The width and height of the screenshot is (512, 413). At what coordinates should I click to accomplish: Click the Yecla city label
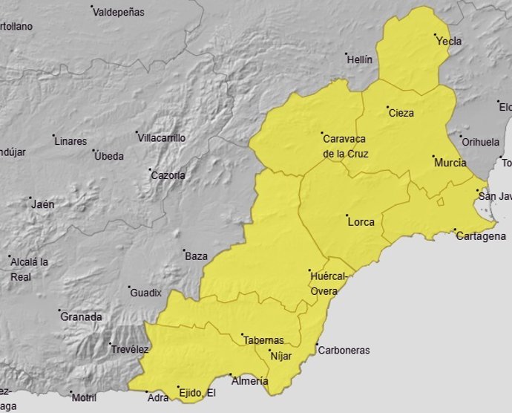point(449,42)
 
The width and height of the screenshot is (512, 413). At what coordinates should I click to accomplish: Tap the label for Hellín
point(359,60)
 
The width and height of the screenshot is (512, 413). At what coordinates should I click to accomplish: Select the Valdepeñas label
point(121,13)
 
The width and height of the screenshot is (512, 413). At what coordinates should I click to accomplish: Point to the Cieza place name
point(401,114)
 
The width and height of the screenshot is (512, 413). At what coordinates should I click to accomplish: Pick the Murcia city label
point(450,163)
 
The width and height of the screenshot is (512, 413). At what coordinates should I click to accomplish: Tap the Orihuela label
point(481,142)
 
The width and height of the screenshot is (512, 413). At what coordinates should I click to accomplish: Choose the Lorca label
point(361,221)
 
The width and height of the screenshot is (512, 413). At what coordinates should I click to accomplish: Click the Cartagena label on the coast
point(481,237)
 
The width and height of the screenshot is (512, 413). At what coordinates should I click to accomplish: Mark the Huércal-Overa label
point(328,283)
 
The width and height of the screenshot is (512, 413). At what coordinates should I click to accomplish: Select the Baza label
point(196,256)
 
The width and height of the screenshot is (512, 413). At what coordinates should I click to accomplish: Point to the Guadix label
point(145,293)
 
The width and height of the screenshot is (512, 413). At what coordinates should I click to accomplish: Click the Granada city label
point(82,317)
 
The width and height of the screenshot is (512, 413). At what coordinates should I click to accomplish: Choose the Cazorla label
point(168,176)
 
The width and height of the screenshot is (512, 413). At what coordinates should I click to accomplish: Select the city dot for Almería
point(231,375)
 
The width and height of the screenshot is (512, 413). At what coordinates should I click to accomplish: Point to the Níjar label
point(281,357)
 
